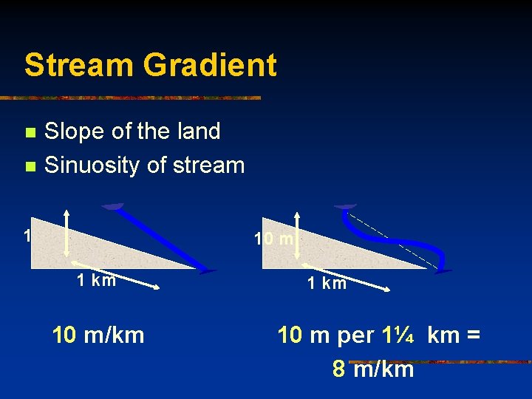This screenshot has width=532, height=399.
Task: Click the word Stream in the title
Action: point(79,65)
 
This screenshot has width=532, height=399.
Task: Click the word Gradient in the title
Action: point(210,65)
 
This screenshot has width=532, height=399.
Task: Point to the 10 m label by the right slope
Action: point(274,239)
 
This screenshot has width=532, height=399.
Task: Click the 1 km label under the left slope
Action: point(97,280)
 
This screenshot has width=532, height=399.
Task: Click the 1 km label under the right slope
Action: point(327,284)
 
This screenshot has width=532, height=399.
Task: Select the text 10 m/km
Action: point(98,335)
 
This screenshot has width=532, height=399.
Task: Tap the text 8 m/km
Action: point(373,368)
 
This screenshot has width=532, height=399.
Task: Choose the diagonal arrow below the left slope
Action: point(115,277)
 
